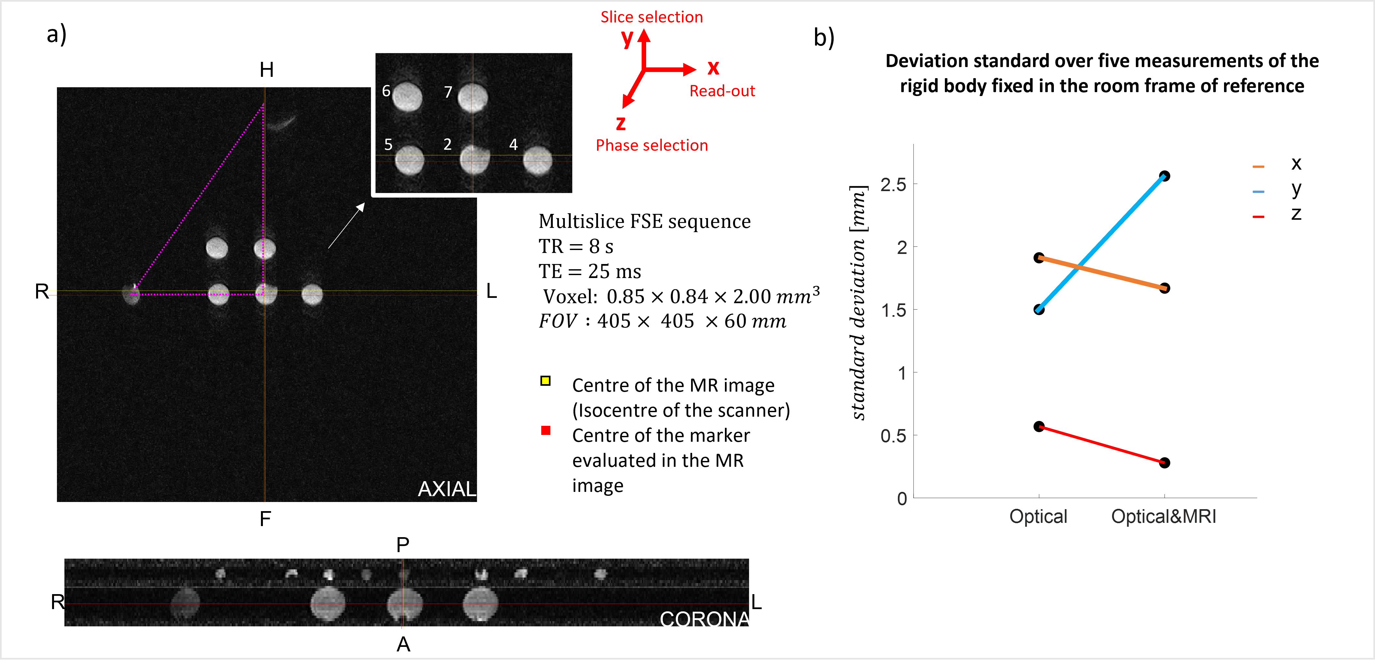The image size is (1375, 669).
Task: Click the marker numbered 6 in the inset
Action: pos(407,97)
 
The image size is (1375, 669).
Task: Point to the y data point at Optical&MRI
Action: pos(1165,176)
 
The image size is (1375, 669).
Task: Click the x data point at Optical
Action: pos(1039,258)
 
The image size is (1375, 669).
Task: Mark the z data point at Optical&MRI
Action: pos(1165,462)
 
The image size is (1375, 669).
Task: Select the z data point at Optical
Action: pos(1039,426)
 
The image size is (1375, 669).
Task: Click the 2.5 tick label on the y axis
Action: pos(893,185)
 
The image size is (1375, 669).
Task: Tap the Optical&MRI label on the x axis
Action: pos(1164,516)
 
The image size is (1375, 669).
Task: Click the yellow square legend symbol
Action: pos(545,381)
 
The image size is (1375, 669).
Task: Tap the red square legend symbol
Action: pos(545,430)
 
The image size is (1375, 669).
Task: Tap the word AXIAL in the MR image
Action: pos(446,489)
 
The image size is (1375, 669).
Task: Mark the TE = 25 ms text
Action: pos(589,271)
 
